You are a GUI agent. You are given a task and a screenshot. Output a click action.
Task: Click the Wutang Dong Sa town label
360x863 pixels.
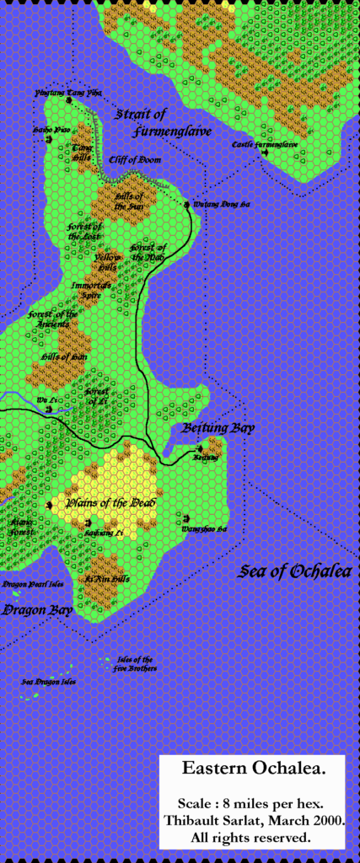click(212, 204)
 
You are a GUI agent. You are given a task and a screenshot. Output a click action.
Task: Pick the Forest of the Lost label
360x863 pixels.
click(85, 232)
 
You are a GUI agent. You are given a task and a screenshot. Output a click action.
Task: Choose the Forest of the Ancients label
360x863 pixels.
click(52, 320)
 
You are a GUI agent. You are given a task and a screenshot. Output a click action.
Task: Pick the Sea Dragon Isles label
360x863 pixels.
click(49, 681)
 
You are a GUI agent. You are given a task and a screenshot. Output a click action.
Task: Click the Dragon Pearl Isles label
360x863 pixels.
click(33, 583)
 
